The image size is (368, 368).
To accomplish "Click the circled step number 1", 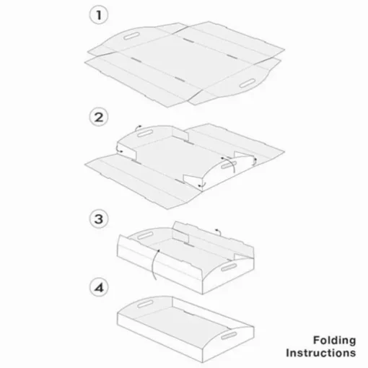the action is click(99, 15).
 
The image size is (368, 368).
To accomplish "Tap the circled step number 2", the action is click(99, 118).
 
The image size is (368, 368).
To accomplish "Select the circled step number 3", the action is click(99, 219).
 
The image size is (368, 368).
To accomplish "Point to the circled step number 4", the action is click(99, 288).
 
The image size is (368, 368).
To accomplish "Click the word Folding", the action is click(335, 341).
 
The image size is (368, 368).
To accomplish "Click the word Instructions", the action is click(321, 353).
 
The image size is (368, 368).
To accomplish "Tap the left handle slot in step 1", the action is click(131, 36).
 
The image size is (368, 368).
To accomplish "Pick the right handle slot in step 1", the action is click(247, 83).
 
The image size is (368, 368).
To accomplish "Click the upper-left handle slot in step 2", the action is click(145, 133).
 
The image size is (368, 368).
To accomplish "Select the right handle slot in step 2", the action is click(229, 165).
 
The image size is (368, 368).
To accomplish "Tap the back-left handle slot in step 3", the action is click(145, 235).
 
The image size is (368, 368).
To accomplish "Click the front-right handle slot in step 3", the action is click(229, 267).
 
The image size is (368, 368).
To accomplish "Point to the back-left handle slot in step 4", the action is click(145, 304).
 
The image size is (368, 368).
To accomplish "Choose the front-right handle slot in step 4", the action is click(229, 336).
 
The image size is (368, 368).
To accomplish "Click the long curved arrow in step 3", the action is click(154, 264).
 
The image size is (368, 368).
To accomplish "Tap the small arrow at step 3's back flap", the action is click(219, 232).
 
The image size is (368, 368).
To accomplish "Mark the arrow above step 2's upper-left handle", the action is click(138, 128).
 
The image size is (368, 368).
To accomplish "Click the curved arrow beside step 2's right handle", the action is click(230, 164).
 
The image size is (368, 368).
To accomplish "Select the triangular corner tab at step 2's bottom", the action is click(191, 180).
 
